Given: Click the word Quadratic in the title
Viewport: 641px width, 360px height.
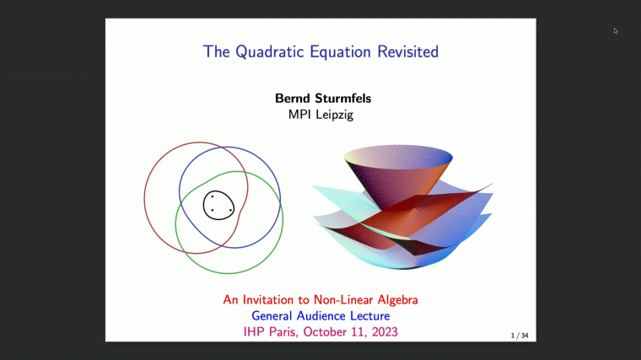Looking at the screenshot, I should point(269,51).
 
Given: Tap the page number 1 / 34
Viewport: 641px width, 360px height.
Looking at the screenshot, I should point(520,336).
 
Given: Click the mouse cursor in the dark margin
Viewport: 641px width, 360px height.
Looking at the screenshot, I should point(616,31).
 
